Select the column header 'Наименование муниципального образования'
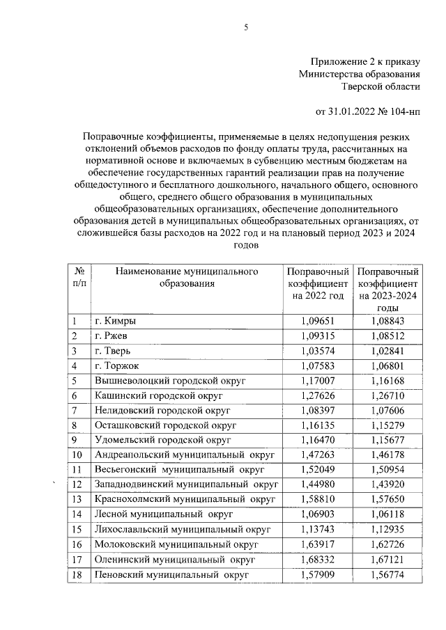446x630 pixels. coord(186,277)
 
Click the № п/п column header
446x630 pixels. coord(79,277)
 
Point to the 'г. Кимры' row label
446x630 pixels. coord(115,321)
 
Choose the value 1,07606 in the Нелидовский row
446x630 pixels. coord(387,409)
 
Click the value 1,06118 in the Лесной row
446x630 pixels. coord(387,513)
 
